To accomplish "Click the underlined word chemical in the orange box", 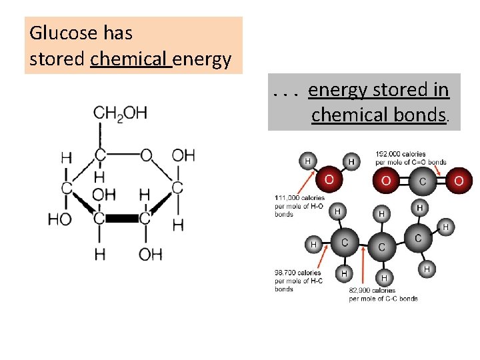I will click(x=130, y=59).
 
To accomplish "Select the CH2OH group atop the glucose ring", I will click(x=120, y=113).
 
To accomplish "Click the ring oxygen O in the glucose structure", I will click(x=146, y=155).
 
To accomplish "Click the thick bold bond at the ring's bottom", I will click(x=121, y=218).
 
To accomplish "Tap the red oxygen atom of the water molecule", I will click(x=329, y=180).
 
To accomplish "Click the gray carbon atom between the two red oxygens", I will click(x=422, y=181).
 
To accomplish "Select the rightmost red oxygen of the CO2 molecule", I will click(x=458, y=181).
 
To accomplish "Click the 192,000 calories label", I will click(x=401, y=158).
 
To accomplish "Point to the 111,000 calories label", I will click(x=299, y=206).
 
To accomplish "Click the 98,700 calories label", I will click(x=298, y=281).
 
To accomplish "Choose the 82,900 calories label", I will click(x=383, y=294).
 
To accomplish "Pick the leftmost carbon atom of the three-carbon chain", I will click(x=345, y=243).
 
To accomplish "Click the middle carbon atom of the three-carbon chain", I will click(x=381, y=247).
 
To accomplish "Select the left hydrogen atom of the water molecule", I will click(x=307, y=161).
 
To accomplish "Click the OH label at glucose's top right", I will click(x=183, y=155).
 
